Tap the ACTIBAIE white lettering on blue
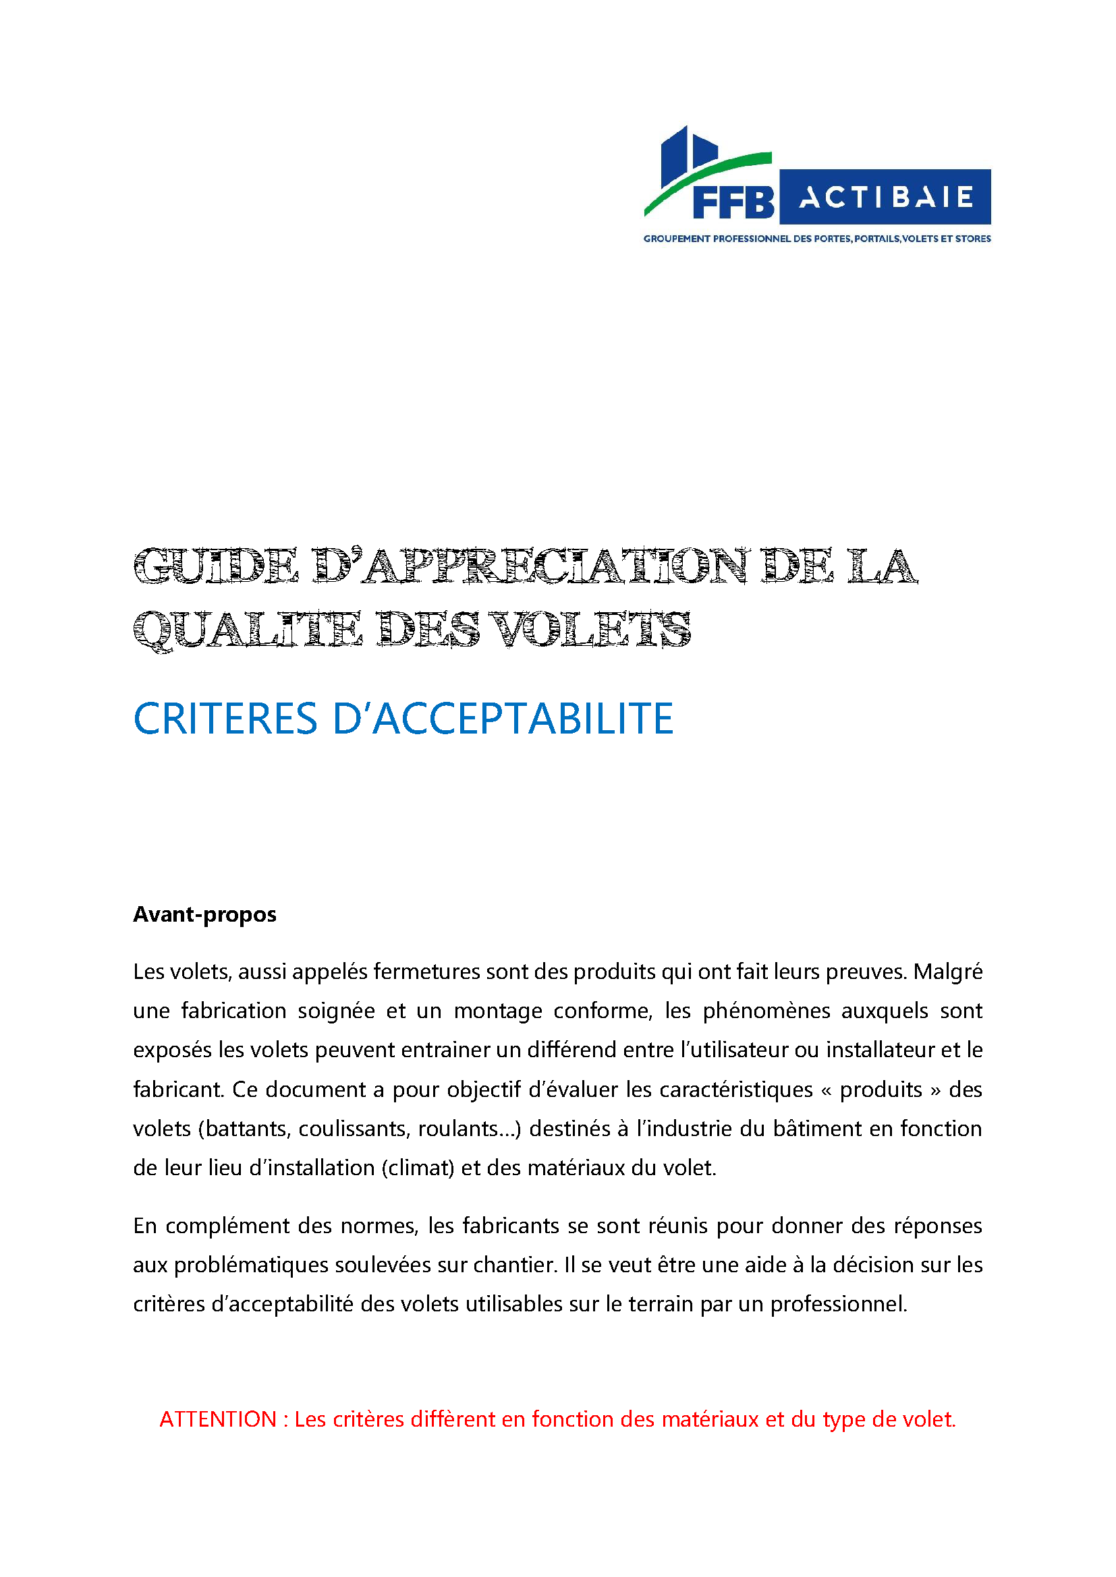(886, 198)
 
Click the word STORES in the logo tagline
(973, 239)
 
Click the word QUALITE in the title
(248, 630)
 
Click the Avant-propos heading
(205, 914)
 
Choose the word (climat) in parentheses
(418, 1168)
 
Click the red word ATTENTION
(218, 1420)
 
